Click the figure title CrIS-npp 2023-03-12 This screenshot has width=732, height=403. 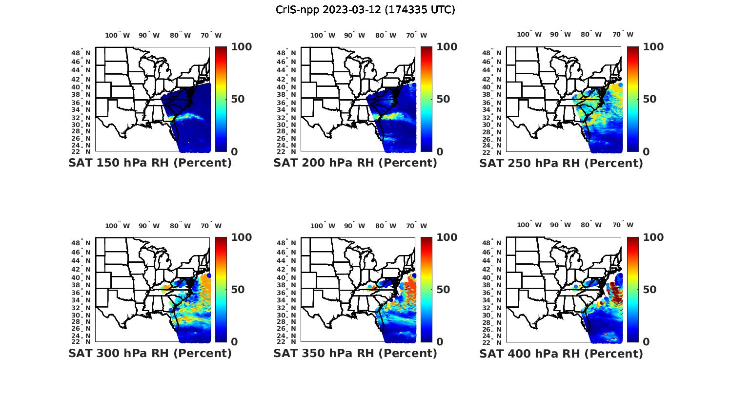365,10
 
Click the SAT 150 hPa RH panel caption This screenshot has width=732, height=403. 150,163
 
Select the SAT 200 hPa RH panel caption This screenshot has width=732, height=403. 355,163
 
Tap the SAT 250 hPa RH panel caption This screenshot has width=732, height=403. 561,163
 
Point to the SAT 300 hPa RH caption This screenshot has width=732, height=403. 150,353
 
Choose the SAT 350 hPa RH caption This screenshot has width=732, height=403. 355,353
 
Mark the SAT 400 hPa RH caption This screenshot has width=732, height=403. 561,353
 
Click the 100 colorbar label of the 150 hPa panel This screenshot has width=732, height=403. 241,47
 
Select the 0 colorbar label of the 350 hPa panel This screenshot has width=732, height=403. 440,342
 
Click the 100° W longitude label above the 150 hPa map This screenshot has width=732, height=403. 117,35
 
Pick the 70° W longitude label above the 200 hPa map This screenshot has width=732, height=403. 416,35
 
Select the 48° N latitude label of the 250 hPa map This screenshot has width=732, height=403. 496,53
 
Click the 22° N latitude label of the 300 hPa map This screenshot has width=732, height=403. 84,341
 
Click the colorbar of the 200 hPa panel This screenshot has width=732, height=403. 427,99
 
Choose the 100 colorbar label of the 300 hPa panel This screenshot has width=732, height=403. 241,237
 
